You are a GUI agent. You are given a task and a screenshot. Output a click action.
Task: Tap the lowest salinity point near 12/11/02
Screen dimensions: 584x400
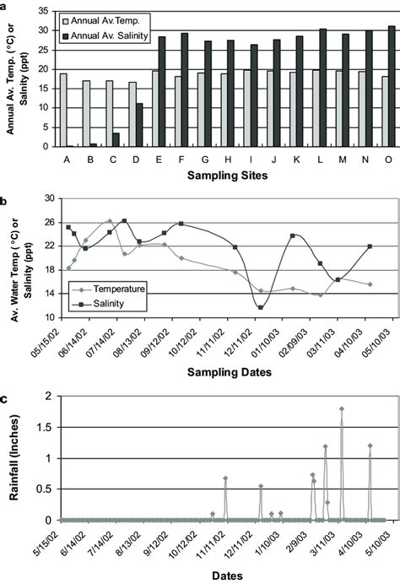pyautogui.click(x=261, y=307)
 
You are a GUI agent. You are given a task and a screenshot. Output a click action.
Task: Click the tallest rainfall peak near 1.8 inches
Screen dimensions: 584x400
pyautogui.click(x=342, y=408)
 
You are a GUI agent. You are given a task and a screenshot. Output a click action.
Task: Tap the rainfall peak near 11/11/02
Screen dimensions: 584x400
pyautogui.click(x=225, y=479)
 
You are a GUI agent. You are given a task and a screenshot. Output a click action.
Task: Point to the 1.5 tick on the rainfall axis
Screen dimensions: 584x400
pyautogui.click(x=45, y=427)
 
